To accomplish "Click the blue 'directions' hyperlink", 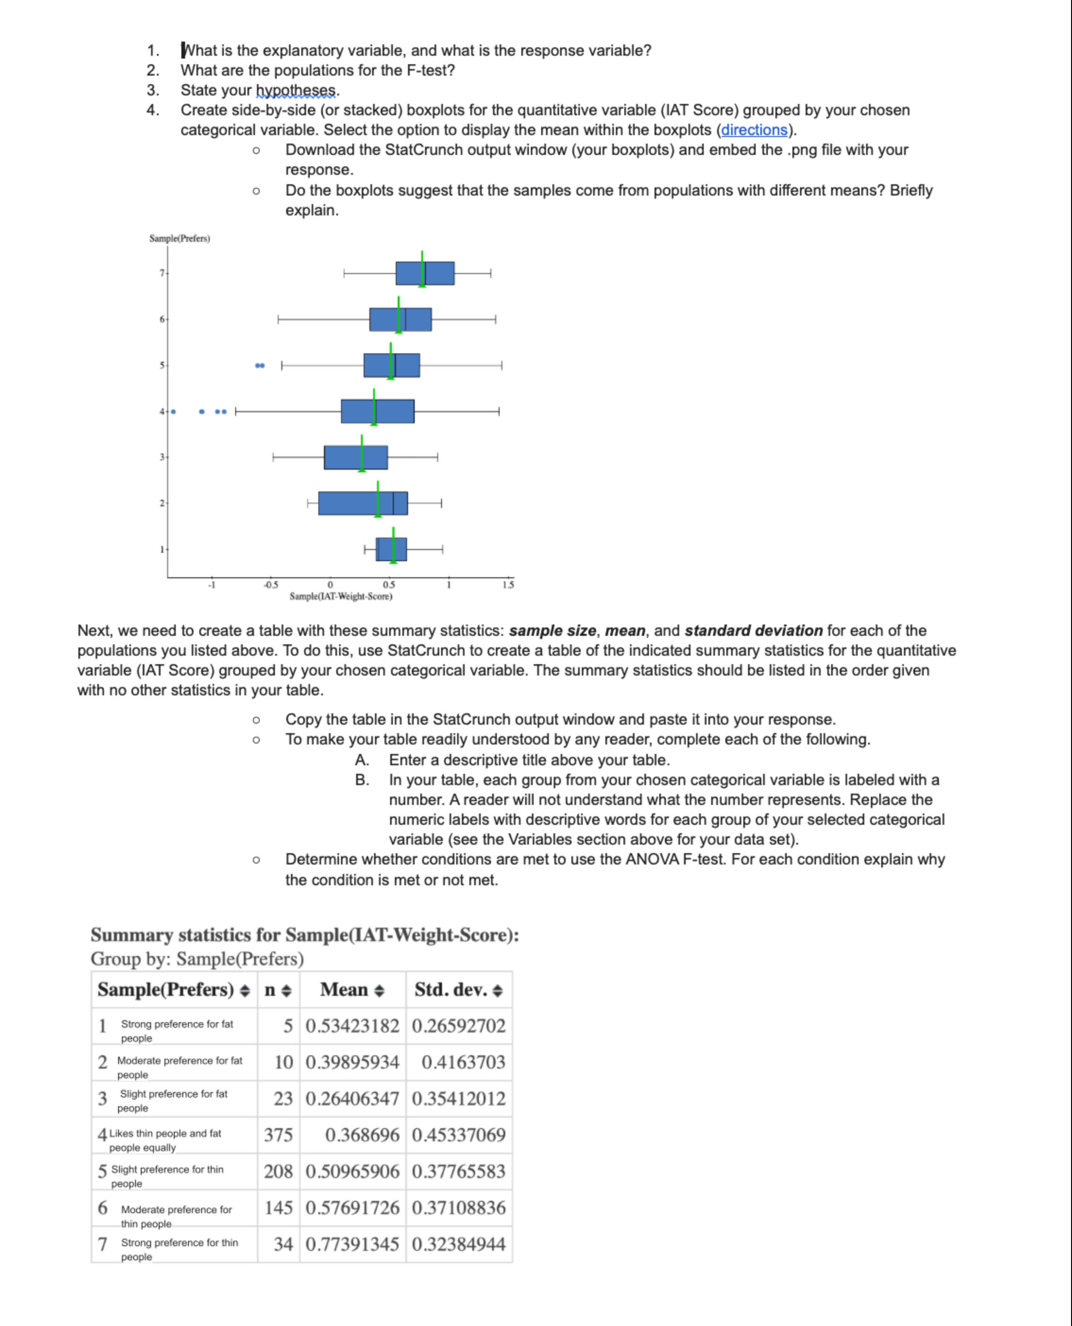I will [x=754, y=130].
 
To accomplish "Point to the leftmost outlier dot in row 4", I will [x=173, y=411].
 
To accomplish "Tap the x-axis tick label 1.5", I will [x=508, y=584].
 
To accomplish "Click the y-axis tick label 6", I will [x=162, y=319].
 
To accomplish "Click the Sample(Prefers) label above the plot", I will [x=180, y=239].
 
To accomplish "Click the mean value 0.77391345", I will [x=353, y=1244].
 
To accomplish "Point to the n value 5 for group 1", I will [x=288, y=1026].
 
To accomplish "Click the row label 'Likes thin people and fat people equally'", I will [x=165, y=1140].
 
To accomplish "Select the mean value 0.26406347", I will [x=353, y=1098].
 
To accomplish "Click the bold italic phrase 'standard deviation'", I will [x=753, y=631].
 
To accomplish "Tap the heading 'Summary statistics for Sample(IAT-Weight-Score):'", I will [x=305, y=934].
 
